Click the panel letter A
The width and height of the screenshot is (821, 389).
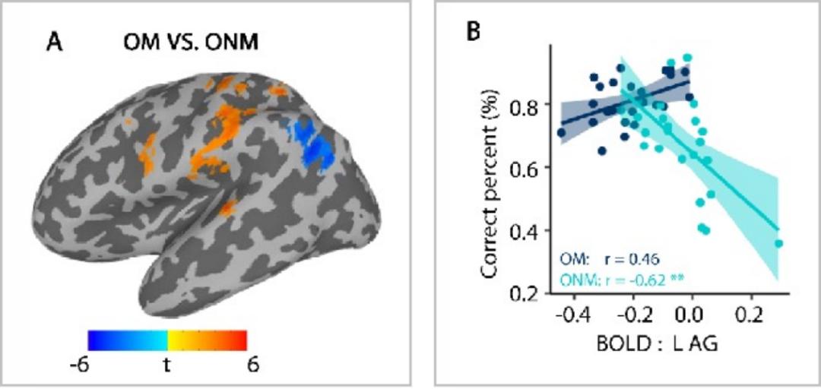click(x=55, y=43)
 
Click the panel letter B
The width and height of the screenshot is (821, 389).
click(x=474, y=33)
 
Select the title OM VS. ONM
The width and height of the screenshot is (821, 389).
click(x=191, y=43)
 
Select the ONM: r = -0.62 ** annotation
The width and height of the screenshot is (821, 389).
click(x=622, y=280)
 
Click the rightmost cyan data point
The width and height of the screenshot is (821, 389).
click(x=778, y=244)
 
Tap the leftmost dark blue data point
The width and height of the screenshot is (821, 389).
click(x=561, y=133)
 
